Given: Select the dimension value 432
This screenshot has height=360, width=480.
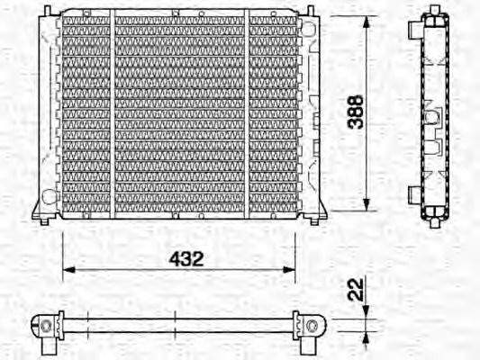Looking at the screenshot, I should (186, 258).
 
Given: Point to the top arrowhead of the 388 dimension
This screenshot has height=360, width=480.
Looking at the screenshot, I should (366, 22).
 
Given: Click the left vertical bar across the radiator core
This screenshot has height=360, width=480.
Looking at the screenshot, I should (111, 112).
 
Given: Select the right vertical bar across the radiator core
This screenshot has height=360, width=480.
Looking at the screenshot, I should (248, 112).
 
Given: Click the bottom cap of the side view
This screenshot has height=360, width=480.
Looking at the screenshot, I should (435, 216).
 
